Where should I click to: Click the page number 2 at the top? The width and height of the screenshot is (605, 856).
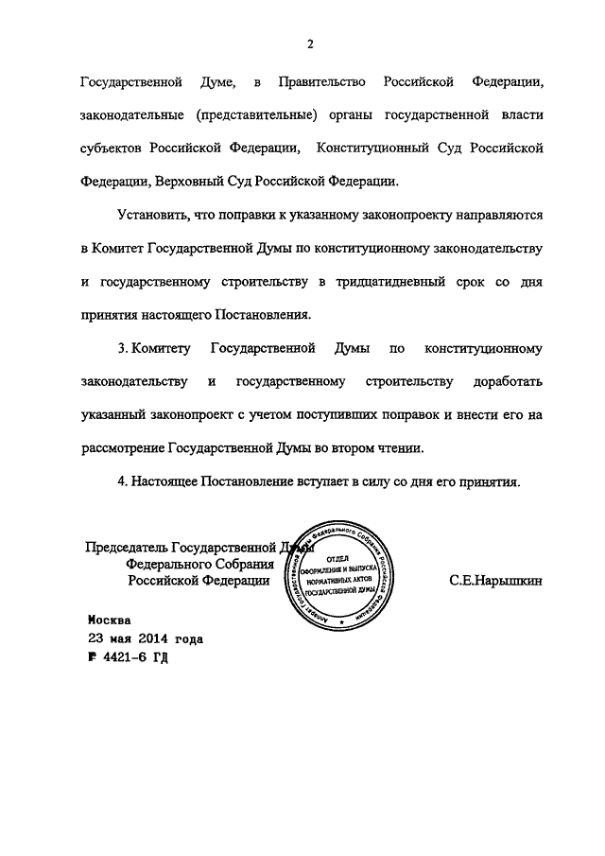pos(309,43)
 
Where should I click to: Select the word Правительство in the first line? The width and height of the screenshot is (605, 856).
pos(324,82)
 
